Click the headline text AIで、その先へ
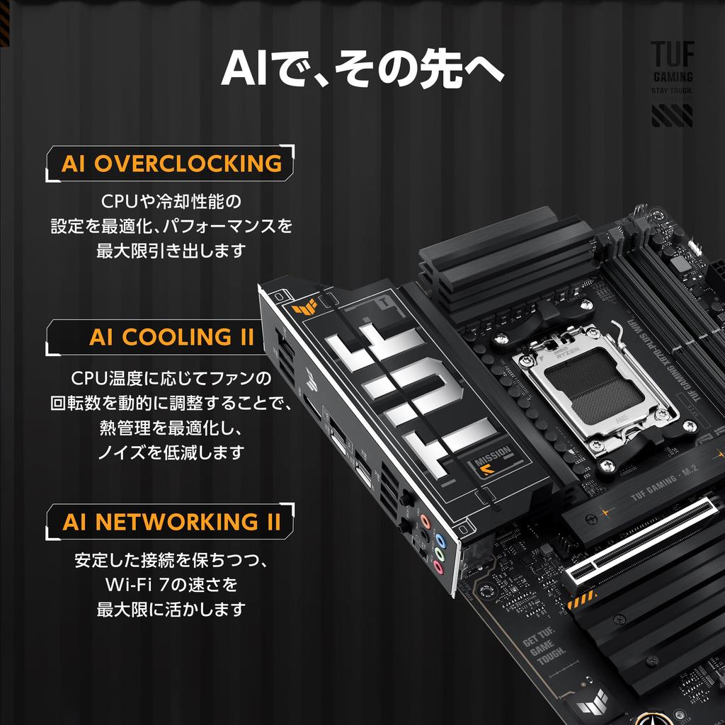(362, 69)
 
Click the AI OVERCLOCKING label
(171, 164)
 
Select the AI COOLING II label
(171, 337)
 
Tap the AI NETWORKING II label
(171, 523)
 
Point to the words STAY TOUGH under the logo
(672, 91)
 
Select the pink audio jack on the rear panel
(438, 567)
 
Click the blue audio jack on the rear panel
(440, 537)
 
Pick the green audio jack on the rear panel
(439, 552)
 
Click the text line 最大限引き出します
(171, 250)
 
